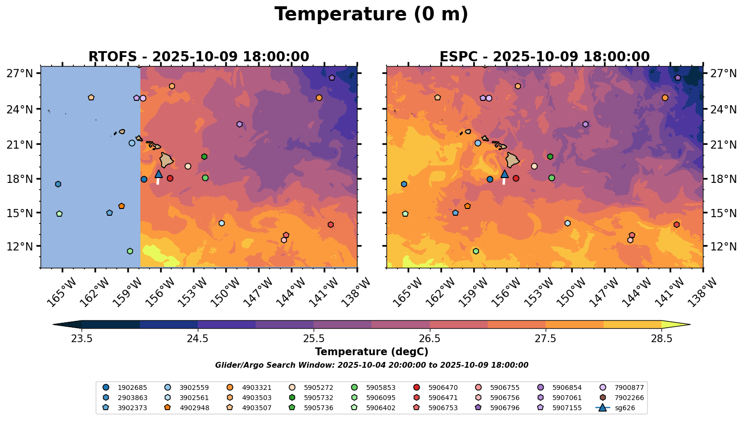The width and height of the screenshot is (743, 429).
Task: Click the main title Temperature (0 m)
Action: point(371,14)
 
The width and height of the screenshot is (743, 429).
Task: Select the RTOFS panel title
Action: point(198,57)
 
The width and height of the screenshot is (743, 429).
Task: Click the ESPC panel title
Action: point(544,57)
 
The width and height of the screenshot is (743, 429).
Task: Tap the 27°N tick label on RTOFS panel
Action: point(20,73)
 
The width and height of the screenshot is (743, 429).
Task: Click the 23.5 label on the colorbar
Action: point(82,338)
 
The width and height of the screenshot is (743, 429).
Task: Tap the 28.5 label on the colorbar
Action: point(661,338)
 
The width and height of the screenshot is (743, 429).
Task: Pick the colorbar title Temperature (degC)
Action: point(371,352)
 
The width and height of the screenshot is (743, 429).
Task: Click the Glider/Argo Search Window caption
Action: point(371,365)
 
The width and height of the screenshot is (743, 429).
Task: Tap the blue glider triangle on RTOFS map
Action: point(158,174)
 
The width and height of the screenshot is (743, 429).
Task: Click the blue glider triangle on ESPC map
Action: point(505,174)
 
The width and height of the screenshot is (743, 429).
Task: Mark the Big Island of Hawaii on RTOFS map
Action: point(166,160)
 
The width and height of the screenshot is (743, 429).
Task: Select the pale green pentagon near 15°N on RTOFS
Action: point(59,214)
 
